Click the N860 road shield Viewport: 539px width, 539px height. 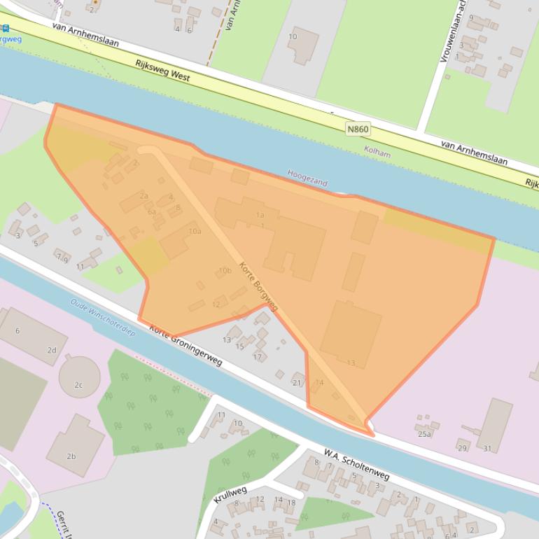point(357,129)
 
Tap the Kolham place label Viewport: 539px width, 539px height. point(377,150)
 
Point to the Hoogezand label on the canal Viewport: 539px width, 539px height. point(307,178)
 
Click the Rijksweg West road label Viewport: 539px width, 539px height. point(162,69)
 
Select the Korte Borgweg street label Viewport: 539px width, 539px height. point(258,286)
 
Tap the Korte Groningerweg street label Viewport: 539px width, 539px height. point(185,346)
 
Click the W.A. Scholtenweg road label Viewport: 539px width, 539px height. point(356,465)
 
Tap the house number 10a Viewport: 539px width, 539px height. point(195,231)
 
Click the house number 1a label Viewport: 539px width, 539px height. point(260,215)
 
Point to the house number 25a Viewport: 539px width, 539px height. point(424,434)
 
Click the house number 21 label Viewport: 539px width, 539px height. point(297,382)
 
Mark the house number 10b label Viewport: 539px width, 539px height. point(225,270)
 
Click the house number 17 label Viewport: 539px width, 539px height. point(257,357)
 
